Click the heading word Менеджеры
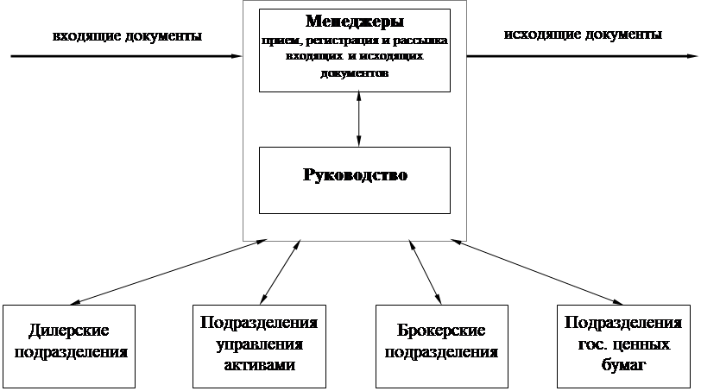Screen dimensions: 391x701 coord(355,21)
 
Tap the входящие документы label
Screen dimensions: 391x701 coord(128,36)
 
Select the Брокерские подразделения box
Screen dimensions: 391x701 coord(440,343)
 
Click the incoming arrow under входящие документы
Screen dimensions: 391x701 coord(129,57)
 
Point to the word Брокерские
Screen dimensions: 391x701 coord(440,331)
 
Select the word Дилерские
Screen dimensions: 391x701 coord(68,331)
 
